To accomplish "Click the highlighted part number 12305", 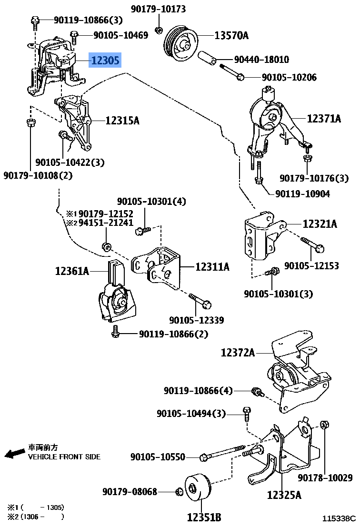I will [x=106, y=60].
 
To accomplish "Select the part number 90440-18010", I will [x=261, y=60].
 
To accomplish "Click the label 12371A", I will [x=324, y=118].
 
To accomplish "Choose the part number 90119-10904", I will [x=302, y=194].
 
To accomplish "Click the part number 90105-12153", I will [x=311, y=265].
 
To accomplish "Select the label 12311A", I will [x=212, y=267].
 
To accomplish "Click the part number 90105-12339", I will [x=196, y=320].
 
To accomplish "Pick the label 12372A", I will [x=238, y=353].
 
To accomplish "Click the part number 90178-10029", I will [x=325, y=477].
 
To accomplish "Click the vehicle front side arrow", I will [x=14, y=453].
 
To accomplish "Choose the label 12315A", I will [x=122, y=121].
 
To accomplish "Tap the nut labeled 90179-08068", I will [x=179, y=491].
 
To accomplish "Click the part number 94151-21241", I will [x=106, y=223].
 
